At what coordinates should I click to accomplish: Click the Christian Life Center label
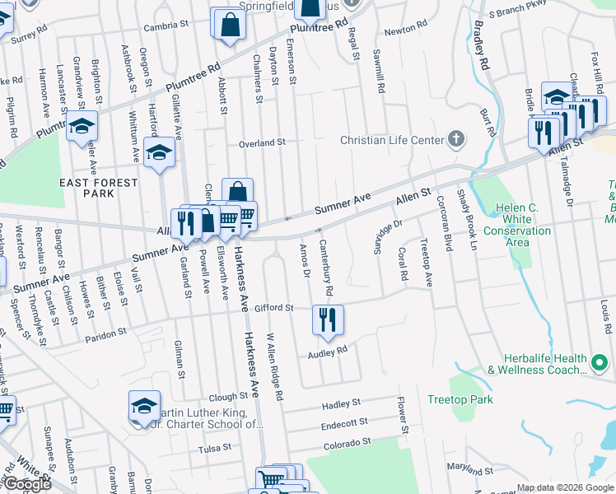[392, 140]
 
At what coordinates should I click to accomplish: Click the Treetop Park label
[460, 399]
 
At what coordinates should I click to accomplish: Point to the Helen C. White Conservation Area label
[516, 225]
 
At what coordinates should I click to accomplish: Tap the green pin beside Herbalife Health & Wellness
[601, 360]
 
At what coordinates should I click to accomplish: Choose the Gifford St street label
[274, 308]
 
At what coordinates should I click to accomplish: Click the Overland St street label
[262, 142]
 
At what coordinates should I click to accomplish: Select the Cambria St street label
[166, 26]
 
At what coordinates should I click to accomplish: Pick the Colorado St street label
[347, 442]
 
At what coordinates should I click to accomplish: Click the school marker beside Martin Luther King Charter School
[144, 405]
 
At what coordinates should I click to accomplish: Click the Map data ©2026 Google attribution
[565, 487]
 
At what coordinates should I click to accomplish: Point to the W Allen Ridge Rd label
[274, 366]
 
